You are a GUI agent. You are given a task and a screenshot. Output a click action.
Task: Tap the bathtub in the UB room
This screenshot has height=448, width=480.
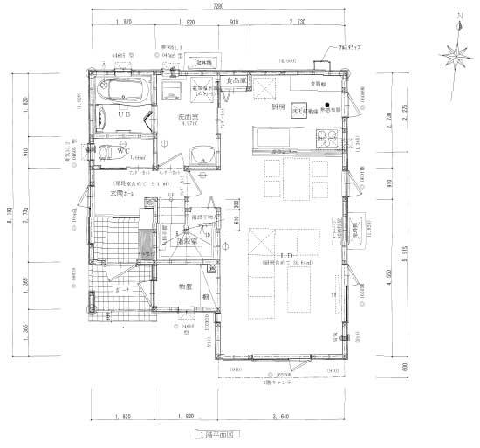point(123,91)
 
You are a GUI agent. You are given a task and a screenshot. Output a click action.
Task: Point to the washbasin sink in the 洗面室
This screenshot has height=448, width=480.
point(202,155)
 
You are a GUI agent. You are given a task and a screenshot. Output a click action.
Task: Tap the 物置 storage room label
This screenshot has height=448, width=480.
point(186,286)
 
